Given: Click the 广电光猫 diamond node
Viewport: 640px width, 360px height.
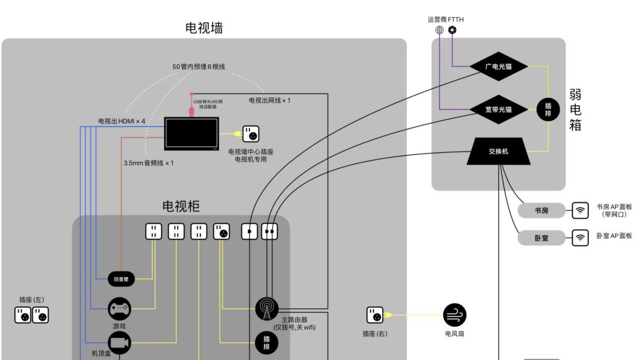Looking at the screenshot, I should [x=499, y=66].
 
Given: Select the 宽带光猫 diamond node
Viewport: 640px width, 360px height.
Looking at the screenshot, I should [x=499, y=109].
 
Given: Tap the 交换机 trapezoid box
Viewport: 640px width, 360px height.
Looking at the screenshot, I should [x=499, y=151].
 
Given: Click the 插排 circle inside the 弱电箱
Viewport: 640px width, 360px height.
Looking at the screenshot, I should [x=548, y=109].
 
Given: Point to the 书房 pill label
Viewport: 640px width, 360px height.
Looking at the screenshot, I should [x=542, y=211].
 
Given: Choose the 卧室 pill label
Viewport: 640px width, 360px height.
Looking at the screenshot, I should [x=542, y=237].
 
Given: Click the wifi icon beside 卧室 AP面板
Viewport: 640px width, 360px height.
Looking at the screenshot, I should [x=580, y=237].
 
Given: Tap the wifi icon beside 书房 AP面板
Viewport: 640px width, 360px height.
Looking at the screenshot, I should [x=580, y=211].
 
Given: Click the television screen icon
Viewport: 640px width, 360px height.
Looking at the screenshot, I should [x=191, y=133].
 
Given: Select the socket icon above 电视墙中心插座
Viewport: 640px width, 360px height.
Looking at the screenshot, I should [x=251, y=134].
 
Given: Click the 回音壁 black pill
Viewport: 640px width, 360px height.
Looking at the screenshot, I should [x=121, y=278].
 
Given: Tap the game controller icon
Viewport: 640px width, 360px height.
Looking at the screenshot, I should [x=120, y=307].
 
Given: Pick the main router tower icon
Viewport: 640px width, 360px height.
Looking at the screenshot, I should [x=266, y=308].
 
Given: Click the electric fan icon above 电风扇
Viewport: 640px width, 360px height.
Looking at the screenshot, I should [x=454, y=315].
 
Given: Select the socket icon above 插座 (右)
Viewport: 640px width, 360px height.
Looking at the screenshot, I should [x=375, y=315].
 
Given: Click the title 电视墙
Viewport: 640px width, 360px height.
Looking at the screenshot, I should [x=204, y=28].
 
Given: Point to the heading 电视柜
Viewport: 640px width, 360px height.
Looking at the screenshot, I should [x=181, y=206].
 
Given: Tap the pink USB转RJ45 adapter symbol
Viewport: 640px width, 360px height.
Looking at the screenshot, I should [x=191, y=110].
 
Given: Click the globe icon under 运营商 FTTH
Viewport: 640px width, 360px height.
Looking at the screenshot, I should [x=440, y=30].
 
